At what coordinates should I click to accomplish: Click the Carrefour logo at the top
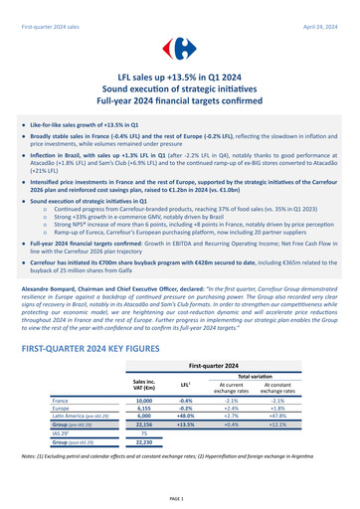coord(180,48)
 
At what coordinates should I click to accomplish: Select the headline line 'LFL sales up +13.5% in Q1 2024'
coord(180,76)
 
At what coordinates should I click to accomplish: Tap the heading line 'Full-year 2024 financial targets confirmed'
coord(180,103)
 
